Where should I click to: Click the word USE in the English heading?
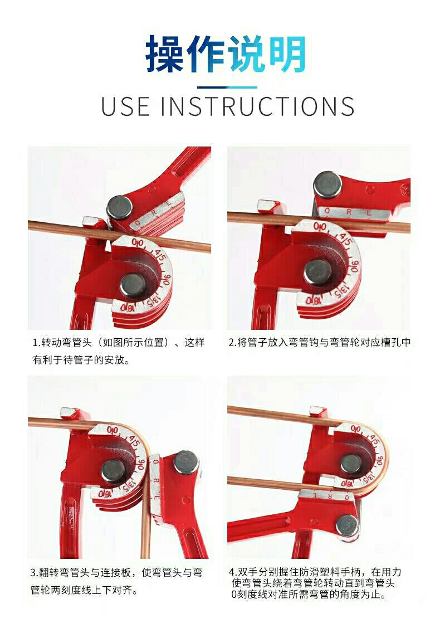[x=125, y=106]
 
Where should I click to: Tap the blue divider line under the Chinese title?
[x=227, y=87]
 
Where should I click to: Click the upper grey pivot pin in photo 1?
[x=120, y=207]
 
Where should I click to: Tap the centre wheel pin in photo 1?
[x=133, y=285]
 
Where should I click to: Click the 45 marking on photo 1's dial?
[x=159, y=255]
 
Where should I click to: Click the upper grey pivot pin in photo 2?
[x=327, y=184]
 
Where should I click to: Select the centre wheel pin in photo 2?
[x=317, y=272]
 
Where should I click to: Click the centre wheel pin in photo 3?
[x=113, y=471]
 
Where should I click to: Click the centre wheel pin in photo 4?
[x=351, y=464]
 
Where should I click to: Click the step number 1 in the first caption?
[x=35, y=343]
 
